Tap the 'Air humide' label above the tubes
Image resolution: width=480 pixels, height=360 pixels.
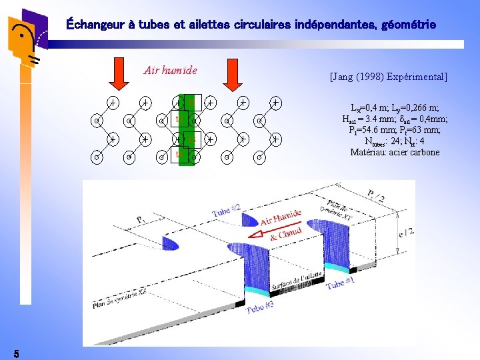pyautogui.click(x=171, y=70)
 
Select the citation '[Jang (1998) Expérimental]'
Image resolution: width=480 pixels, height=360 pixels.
pyautogui.click(x=389, y=77)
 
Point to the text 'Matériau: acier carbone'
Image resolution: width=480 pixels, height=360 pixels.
pyautogui.click(x=395, y=152)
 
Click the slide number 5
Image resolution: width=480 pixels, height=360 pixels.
pyautogui.click(x=17, y=352)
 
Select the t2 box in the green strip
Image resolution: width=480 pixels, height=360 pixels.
pyautogui.click(x=179, y=120)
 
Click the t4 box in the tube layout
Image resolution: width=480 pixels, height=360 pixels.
pyautogui.click(x=179, y=155)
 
